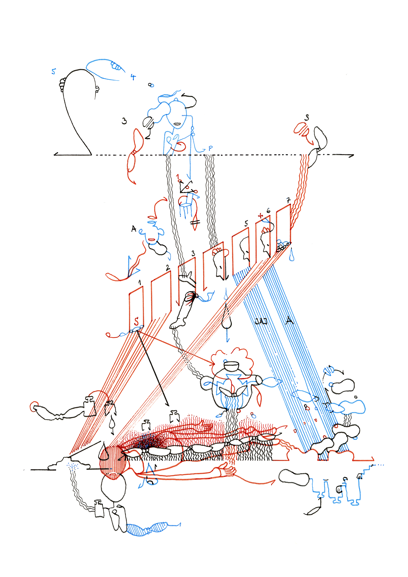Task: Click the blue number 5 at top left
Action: point(53,71)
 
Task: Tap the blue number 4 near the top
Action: point(133,77)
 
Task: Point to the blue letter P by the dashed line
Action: point(210,148)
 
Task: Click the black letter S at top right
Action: point(307,117)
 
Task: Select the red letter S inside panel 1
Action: point(136,321)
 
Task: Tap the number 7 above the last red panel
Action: point(288,200)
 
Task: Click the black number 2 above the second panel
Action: point(168,268)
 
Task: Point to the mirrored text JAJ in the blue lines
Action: point(261,321)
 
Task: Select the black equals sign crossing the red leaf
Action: point(195,222)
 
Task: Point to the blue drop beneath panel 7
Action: point(292,256)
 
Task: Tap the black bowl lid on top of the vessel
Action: point(232,366)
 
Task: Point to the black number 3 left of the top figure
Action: point(124,121)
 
